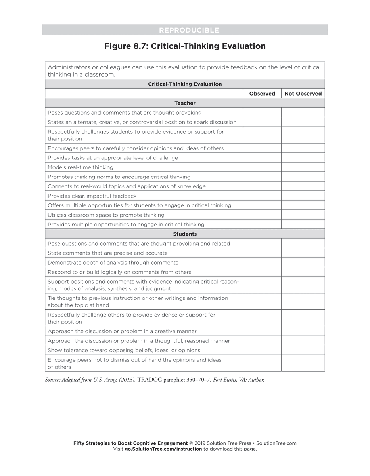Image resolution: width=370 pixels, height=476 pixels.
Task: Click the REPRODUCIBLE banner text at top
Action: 189,30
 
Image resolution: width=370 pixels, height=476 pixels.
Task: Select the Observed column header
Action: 262,94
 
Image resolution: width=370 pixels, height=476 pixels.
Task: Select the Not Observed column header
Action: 303,94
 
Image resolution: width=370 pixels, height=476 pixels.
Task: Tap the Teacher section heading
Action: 185,103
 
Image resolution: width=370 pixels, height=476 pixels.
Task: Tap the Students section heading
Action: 185,234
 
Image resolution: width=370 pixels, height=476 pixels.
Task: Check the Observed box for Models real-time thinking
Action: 262,167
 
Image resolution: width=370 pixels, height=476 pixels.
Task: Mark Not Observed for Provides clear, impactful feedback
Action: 303,196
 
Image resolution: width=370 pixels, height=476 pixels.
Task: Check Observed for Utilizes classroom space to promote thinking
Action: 262,215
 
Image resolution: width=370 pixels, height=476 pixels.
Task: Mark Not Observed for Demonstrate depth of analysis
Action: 303,263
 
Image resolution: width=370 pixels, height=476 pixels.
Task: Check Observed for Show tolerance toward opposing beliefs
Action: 262,350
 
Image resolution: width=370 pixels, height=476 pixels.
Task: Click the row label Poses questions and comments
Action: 125,113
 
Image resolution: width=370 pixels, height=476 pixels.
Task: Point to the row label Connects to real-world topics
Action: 127,186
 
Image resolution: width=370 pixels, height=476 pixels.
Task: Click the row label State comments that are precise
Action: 107,253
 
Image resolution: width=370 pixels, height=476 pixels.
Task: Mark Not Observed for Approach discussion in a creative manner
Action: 303,331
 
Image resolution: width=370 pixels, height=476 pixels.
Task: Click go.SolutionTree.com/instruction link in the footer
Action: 163,449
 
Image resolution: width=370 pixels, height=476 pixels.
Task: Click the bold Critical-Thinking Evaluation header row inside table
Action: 185,84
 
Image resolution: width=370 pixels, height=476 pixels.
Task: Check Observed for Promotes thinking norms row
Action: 262,177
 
